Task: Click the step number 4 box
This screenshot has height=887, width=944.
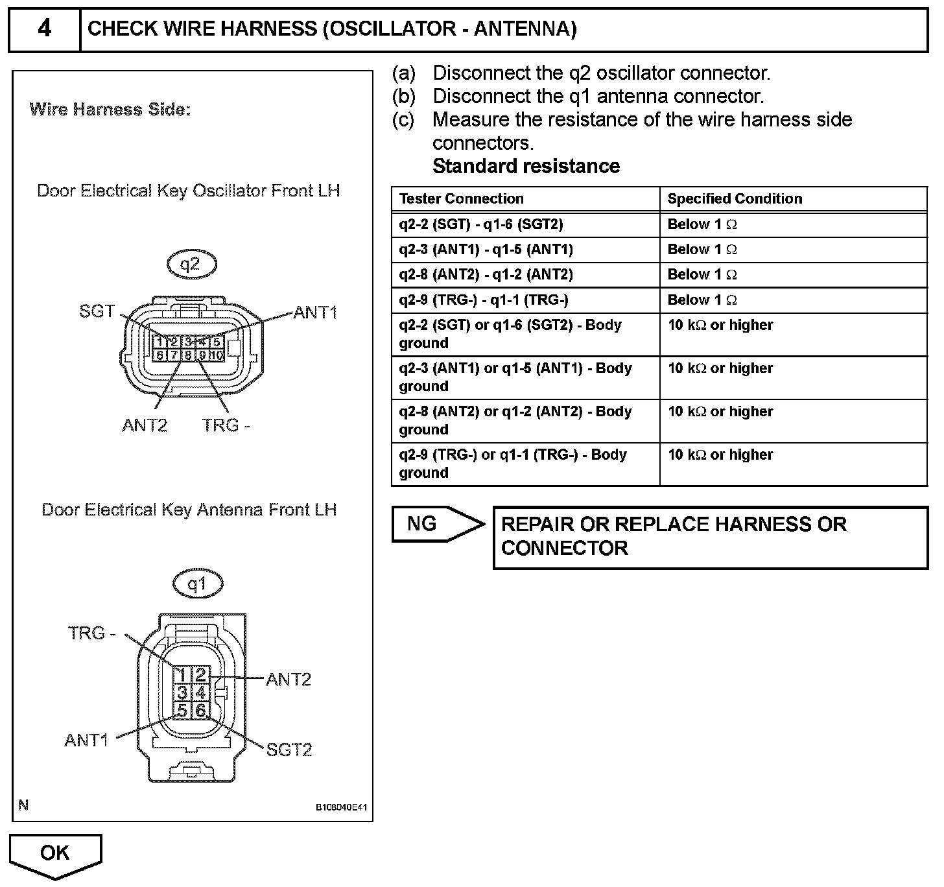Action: pos(44,29)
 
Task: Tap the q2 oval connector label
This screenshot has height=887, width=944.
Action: pos(191,265)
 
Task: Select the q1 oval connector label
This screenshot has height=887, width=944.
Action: pos(197,584)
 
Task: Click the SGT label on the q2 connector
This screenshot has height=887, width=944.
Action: pos(97,311)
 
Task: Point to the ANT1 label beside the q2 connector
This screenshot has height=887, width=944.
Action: pos(315,313)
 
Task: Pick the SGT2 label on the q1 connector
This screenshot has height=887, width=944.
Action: pos(289,750)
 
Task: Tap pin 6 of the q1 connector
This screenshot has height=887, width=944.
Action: pos(201,710)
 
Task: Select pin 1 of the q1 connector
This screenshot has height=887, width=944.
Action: pos(182,674)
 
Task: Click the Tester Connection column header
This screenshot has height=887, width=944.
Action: pos(461,198)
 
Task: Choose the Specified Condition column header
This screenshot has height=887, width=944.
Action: pos(735,198)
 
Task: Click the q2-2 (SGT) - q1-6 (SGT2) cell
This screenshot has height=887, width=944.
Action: pos(481,224)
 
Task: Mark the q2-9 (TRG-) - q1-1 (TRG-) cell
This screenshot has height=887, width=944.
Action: pos(484,300)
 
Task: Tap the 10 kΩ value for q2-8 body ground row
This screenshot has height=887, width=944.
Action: pos(720,411)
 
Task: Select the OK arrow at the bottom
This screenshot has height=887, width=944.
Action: pos(55,855)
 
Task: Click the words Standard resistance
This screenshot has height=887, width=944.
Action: pos(526,166)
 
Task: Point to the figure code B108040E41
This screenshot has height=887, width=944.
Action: pos(341,807)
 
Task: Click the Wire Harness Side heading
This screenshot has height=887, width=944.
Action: pos(110,110)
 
